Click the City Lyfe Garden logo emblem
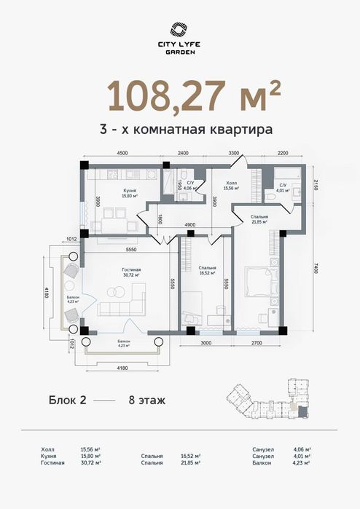[179, 29]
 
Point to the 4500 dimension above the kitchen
[122, 154]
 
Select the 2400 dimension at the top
[183, 154]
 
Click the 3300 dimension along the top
[233, 154]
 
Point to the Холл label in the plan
[232, 184]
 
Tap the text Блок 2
[67, 400]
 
